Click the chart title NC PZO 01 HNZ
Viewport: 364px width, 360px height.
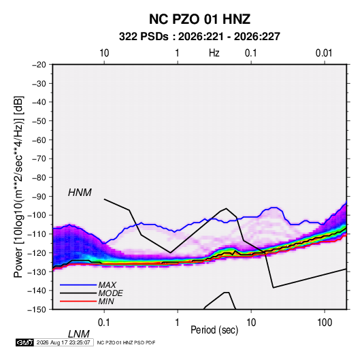[x=199, y=19]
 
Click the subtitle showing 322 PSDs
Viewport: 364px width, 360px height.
[x=199, y=37]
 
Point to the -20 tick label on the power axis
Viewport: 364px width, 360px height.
[x=39, y=65]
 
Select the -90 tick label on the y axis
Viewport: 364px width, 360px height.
[x=39, y=197]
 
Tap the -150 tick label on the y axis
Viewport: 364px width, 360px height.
[x=37, y=310]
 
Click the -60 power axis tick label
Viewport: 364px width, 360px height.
[x=39, y=140]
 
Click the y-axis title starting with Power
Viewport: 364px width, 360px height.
[x=18, y=187]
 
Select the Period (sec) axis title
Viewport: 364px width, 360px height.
[x=214, y=330]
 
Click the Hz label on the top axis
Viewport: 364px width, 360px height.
[x=214, y=53]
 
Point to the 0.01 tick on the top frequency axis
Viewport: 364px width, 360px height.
[x=324, y=53]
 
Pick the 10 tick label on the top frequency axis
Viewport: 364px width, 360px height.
[x=104, y=53]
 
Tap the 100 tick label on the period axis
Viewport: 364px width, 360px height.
[x=325, y=323]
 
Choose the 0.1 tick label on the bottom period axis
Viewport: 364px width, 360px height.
[x=104, y=323]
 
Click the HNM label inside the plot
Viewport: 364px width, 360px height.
[x=80, y=193]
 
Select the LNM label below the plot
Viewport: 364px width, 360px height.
[x=79, y=334]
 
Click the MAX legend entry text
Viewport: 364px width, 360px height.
[x=107, y=284]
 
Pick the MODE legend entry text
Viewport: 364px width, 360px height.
[x=110, y=293]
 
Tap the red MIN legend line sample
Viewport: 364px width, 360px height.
[x=78, y=301]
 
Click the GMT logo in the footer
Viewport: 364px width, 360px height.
[x=24, y=342]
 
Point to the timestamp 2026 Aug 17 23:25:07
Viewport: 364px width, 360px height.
[x=63, y=342]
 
